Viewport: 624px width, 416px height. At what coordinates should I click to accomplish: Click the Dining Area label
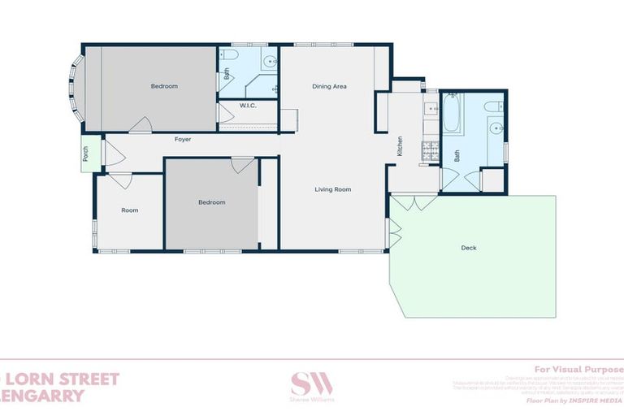(330, 86)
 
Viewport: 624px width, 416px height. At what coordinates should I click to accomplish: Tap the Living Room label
(333, 189)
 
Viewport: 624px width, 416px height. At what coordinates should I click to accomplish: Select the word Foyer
(183, 140)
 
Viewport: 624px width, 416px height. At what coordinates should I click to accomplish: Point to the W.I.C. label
(248, 106)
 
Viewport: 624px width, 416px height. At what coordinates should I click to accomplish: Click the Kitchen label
(400, 146)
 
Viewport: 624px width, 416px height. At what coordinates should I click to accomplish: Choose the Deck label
(468, 248)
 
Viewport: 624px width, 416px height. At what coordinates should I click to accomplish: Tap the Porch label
(84, 154)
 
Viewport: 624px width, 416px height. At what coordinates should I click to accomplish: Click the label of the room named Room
(130, 210)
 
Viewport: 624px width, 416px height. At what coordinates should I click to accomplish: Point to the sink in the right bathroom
(492, 128)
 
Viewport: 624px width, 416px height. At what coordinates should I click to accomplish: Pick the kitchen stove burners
(428, 149)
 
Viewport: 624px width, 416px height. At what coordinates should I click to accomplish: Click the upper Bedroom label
(164, 86)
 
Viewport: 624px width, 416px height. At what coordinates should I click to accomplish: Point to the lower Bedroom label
(211, 202)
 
